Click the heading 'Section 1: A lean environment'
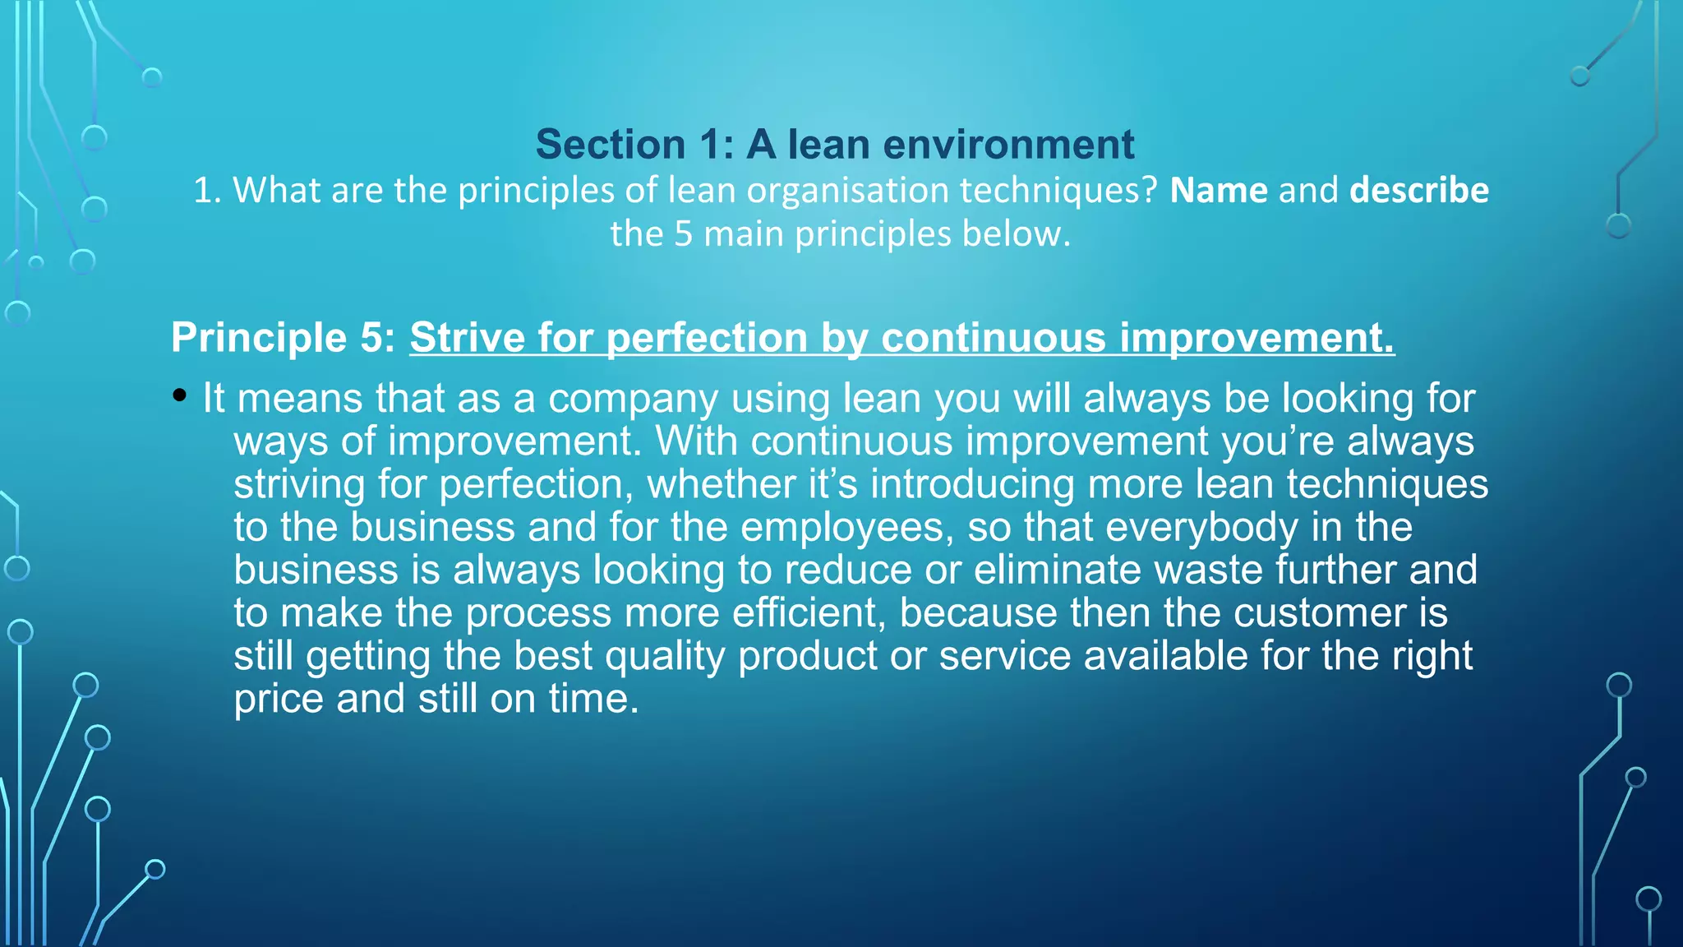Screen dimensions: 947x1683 834,145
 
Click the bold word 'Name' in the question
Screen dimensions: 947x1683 1219,191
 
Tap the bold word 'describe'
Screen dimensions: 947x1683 1418,191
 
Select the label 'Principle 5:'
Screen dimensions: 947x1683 283,338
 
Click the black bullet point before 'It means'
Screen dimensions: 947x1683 180,396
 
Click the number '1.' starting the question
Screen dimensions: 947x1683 207,191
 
